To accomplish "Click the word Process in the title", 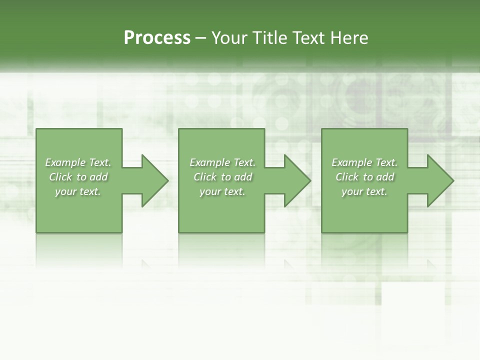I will click(157, 38).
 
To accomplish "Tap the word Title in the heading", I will click(270, 38).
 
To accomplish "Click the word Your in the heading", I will click(230, 38).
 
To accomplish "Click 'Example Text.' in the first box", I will click(78, 162).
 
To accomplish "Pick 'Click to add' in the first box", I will click(78, 177).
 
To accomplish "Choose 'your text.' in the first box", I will click(78, 191).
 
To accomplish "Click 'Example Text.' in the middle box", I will click(222, 162).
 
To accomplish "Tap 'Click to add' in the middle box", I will click(222, 177).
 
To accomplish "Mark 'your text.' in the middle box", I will click(222, 191).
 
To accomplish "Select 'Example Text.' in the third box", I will click(364, 162).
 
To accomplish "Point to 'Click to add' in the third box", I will click(364, 177).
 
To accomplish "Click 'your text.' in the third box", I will click(364, 191).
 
